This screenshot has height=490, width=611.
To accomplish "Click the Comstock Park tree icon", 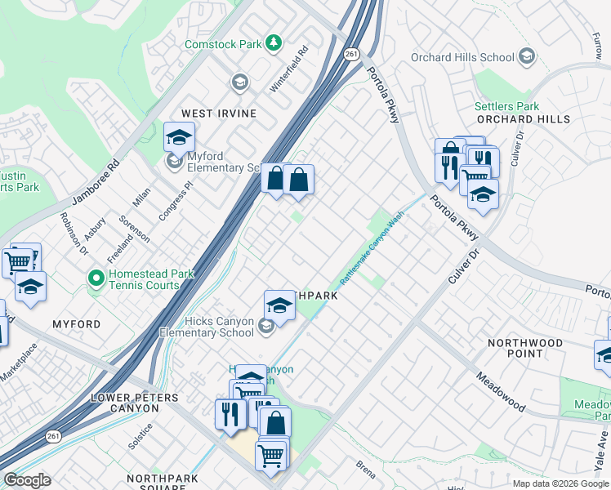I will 275,42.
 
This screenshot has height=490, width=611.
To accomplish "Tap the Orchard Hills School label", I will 462,57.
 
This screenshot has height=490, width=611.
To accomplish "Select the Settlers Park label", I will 506,106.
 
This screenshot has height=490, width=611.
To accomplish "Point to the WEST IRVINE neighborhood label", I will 219,114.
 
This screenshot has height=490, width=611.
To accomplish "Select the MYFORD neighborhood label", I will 77,324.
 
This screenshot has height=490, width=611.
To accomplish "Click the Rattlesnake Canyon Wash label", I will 372,247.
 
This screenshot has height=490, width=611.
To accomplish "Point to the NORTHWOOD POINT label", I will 525,349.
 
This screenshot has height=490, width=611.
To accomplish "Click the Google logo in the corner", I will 27,480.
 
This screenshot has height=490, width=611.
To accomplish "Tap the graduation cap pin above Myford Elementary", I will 179,137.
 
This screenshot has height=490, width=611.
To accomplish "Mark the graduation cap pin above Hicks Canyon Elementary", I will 279,305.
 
